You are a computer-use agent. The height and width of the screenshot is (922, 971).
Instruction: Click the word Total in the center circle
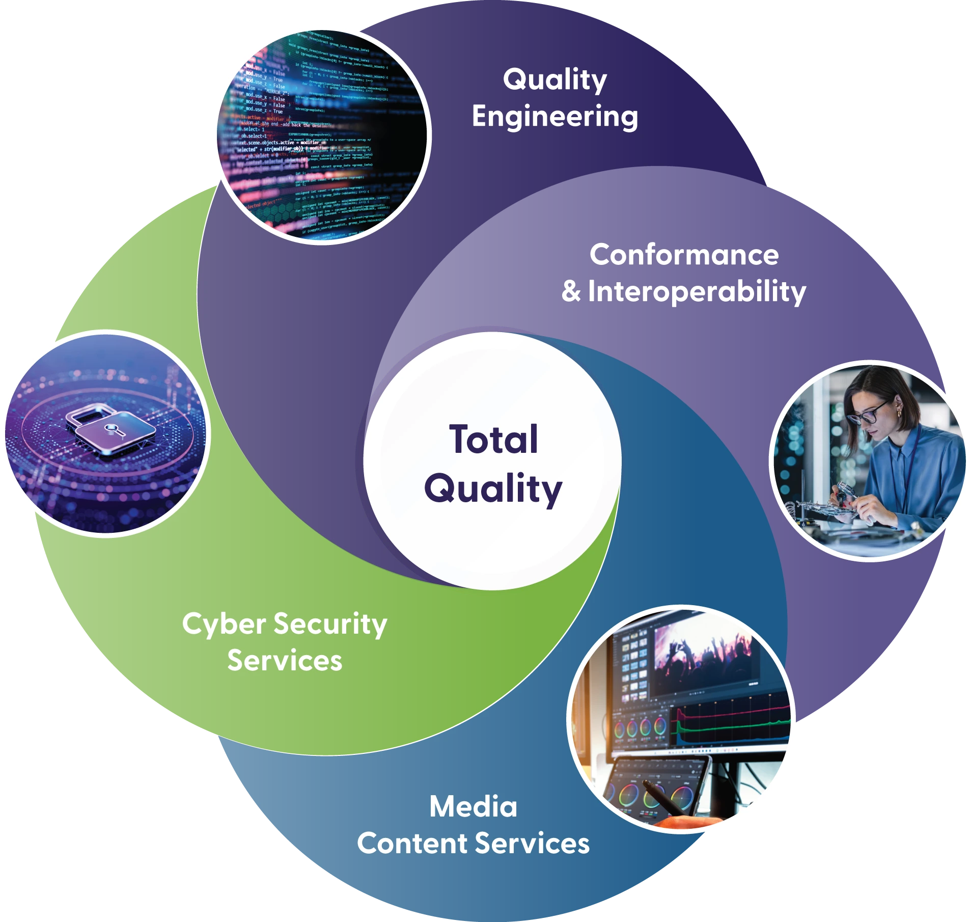tap(493, 439)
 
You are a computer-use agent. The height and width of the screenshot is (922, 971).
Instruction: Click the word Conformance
tap(684, 255)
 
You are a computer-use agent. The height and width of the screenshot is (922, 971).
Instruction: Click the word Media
tap(473, 807)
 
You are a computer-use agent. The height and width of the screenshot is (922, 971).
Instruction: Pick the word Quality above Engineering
tap(554, 79)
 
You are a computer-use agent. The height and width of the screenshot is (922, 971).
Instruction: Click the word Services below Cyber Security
tap(285, 661)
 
